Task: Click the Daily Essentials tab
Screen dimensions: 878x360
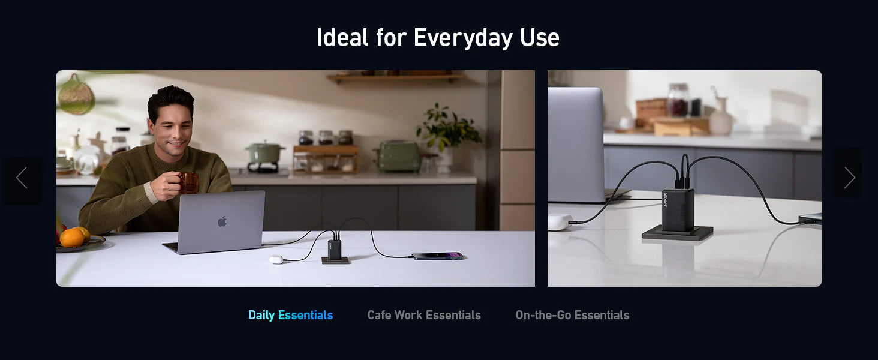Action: pos(290,315)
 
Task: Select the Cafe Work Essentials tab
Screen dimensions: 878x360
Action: pos(424,315)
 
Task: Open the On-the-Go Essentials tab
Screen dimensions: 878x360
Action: pos(572,315)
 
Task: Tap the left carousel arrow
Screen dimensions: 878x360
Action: pos(22,178)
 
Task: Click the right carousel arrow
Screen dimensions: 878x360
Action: pos(849,178)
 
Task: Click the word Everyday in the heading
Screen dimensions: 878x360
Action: pos(464,38)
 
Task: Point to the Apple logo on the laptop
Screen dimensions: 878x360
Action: pos(222,221)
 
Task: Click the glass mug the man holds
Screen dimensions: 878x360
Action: pos(189,183)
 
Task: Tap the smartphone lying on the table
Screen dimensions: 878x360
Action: pos(437,256)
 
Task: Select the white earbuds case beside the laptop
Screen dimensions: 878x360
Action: pos(276,259)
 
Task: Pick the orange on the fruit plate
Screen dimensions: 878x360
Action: pos(72,238)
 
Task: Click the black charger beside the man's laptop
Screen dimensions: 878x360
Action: pos(334,250)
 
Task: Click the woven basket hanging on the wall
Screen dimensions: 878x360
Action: pos(76,95)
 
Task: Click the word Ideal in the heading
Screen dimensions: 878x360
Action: pos(342,38)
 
